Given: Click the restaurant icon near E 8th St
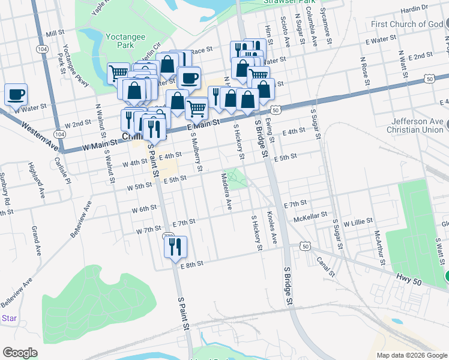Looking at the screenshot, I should pos(175,247).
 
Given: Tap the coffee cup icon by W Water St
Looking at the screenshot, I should pos(16,95).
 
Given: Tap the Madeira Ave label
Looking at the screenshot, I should pos(226,191).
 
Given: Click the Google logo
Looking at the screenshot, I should pos(20,353).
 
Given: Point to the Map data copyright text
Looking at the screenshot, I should pos(412,355).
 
